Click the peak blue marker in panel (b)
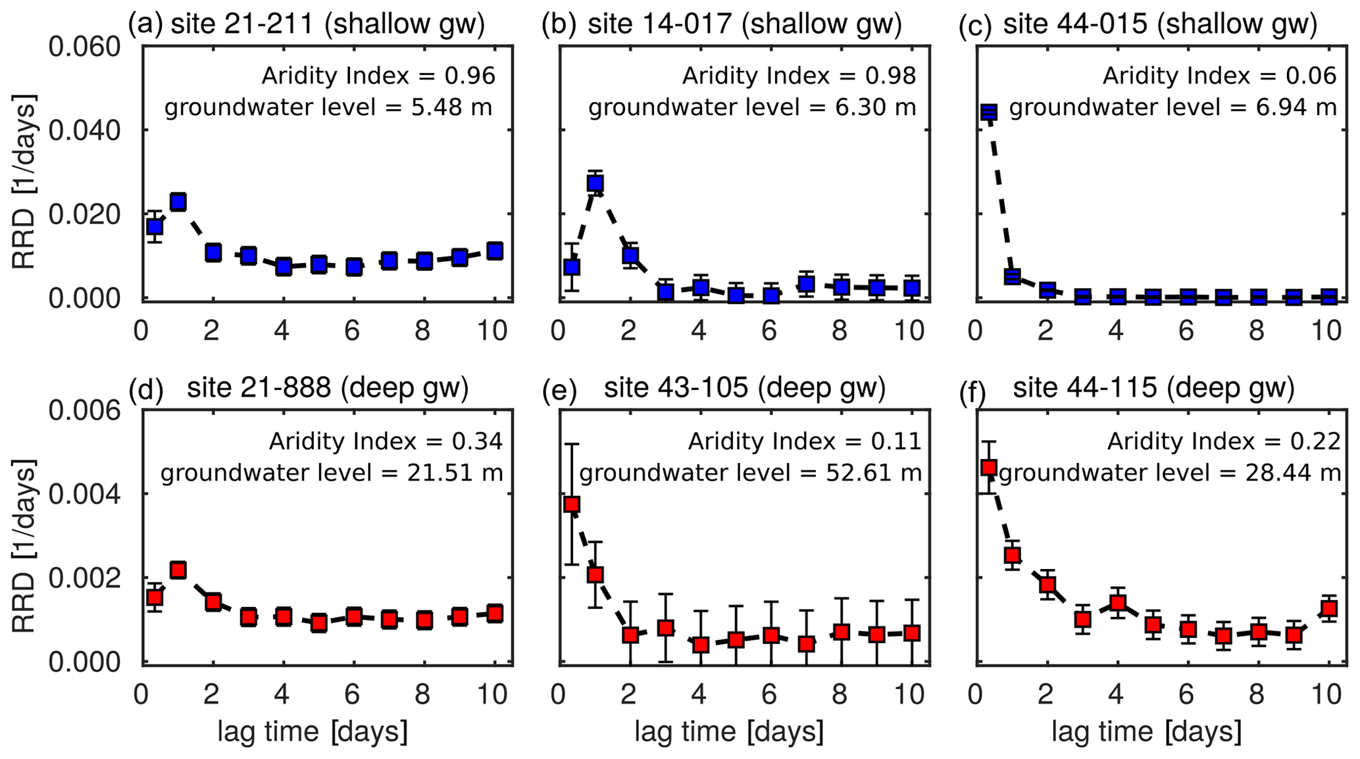595,184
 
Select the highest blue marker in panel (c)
988,112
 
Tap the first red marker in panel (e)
572,504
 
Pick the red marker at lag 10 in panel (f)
1329,608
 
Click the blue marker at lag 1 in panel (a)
178,202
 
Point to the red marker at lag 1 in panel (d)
178,570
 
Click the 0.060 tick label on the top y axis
86,48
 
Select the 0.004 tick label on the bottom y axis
86,495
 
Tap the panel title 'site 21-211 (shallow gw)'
328,24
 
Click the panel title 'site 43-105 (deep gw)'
745,389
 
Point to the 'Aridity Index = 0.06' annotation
1219,76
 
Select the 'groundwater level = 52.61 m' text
750,473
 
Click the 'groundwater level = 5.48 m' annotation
328,107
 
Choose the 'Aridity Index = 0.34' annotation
385,441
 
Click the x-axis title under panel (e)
729,731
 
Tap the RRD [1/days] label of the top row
24,182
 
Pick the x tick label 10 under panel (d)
493,695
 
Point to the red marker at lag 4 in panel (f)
1117,602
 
